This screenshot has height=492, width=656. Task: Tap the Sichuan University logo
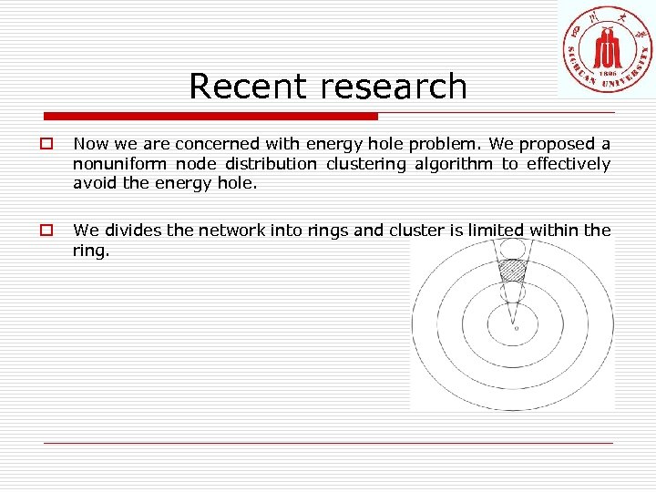(x=607, y=47)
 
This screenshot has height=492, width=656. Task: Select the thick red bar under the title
(x=211, y=117)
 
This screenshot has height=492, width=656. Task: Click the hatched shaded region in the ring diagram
(x=514, y=270)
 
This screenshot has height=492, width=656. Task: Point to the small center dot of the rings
(x=516, y=328)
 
